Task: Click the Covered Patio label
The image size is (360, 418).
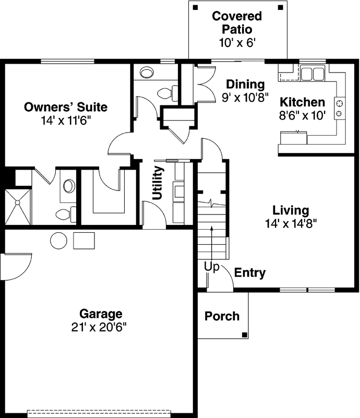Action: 237,22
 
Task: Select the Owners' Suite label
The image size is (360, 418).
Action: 66,108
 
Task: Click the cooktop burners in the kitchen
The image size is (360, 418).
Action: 339,108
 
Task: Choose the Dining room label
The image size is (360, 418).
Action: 245,84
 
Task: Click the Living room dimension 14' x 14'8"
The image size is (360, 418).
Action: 291,223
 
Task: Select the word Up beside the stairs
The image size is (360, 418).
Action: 211,267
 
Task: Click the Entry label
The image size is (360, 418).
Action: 249,273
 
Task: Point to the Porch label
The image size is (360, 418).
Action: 222,316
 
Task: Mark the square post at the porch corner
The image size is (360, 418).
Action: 244,335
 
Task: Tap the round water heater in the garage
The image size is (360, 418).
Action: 58,240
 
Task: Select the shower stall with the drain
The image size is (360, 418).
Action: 18,205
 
